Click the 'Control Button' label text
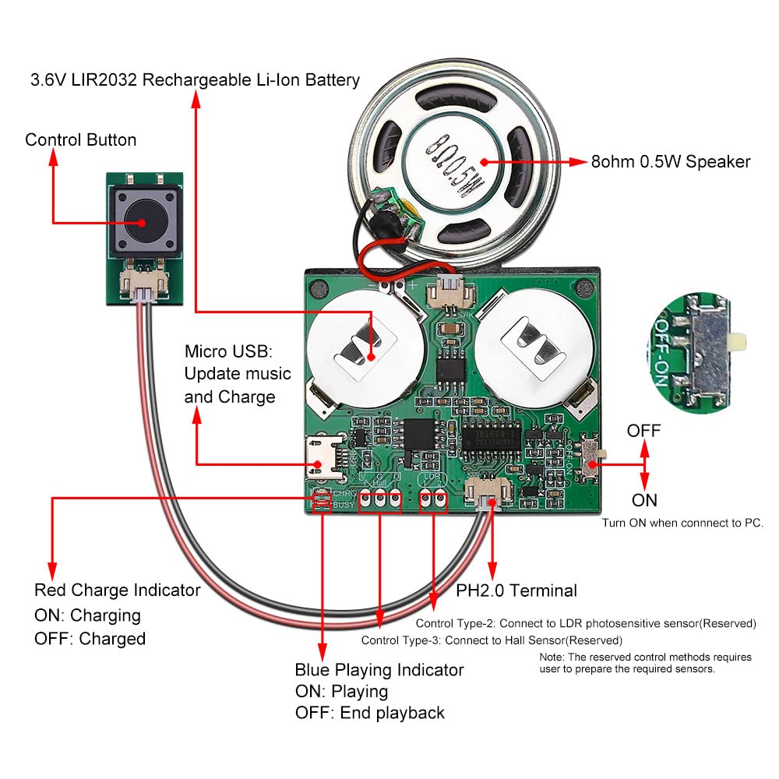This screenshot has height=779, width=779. click(80, 140)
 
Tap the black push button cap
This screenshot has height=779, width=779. click(142, 221)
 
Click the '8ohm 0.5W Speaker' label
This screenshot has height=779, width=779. click(671, 162)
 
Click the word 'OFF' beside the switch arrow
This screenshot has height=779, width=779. click(643, 431)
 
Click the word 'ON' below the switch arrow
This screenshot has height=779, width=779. click(644, 500)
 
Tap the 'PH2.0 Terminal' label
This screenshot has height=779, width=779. click(516, 590)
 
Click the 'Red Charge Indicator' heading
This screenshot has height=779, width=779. click(118, 590)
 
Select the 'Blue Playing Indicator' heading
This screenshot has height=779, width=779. click(379, 670)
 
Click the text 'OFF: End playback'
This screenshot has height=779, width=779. click(370, 713)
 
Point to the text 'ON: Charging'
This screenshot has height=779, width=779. click(87, 615)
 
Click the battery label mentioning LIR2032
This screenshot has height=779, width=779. click(195, 80)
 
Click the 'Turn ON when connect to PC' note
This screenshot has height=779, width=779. click(682, 523)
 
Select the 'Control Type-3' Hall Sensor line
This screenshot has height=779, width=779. click(492, 640)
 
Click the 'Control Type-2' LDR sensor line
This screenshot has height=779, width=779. click(586, 623)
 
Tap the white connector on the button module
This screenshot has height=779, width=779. click(143, 289)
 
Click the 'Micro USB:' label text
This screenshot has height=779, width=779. click(218, 351)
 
